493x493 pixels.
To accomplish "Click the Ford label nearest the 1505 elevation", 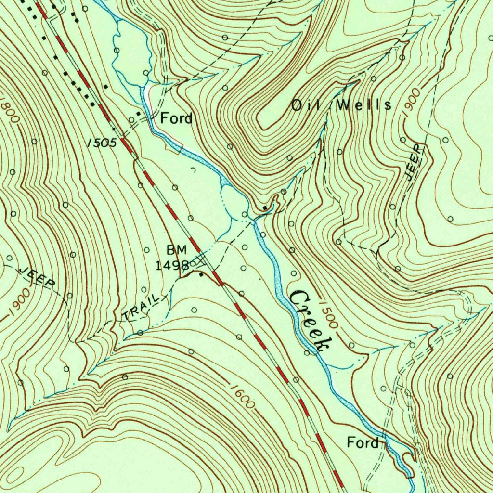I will click(x=176, y=118).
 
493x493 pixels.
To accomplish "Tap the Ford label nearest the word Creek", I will click(x=363, y=442).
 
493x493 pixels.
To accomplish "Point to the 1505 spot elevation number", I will click(x=102, y=142).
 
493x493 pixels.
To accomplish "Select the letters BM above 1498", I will click(x=176, y=250).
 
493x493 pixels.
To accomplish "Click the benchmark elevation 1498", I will click(x=172, y=265).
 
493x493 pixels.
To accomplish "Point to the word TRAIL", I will click(x=141, y=308).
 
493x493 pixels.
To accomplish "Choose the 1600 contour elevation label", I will click(x=241, y=396).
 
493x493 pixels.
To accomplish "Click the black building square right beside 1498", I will click(x=201, y=275).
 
